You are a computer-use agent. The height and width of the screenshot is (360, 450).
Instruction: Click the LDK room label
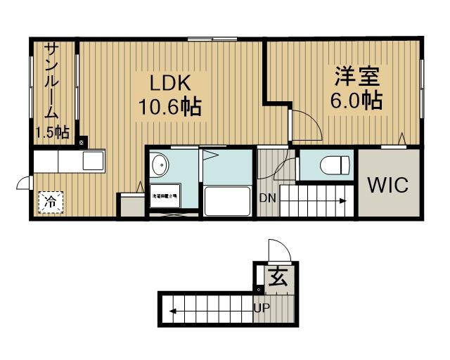(169, 82)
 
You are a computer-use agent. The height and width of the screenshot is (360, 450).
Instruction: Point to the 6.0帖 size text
(356, 100)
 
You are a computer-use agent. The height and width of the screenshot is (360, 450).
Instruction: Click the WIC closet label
(387, 186)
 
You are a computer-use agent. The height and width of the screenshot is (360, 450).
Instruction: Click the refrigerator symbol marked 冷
(51, 202)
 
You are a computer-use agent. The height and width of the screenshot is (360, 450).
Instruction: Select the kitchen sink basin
(93, 161)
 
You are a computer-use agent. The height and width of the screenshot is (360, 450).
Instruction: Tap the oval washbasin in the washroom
(160, 165)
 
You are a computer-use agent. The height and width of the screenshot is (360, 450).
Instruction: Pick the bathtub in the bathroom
(227, 202)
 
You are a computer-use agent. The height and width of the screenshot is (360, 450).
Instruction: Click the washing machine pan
(165, 197)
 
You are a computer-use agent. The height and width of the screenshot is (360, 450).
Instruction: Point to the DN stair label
(267, 198)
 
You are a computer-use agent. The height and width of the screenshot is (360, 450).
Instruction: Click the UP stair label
(262, 308)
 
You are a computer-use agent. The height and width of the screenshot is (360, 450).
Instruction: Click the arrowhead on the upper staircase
(343, 201)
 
